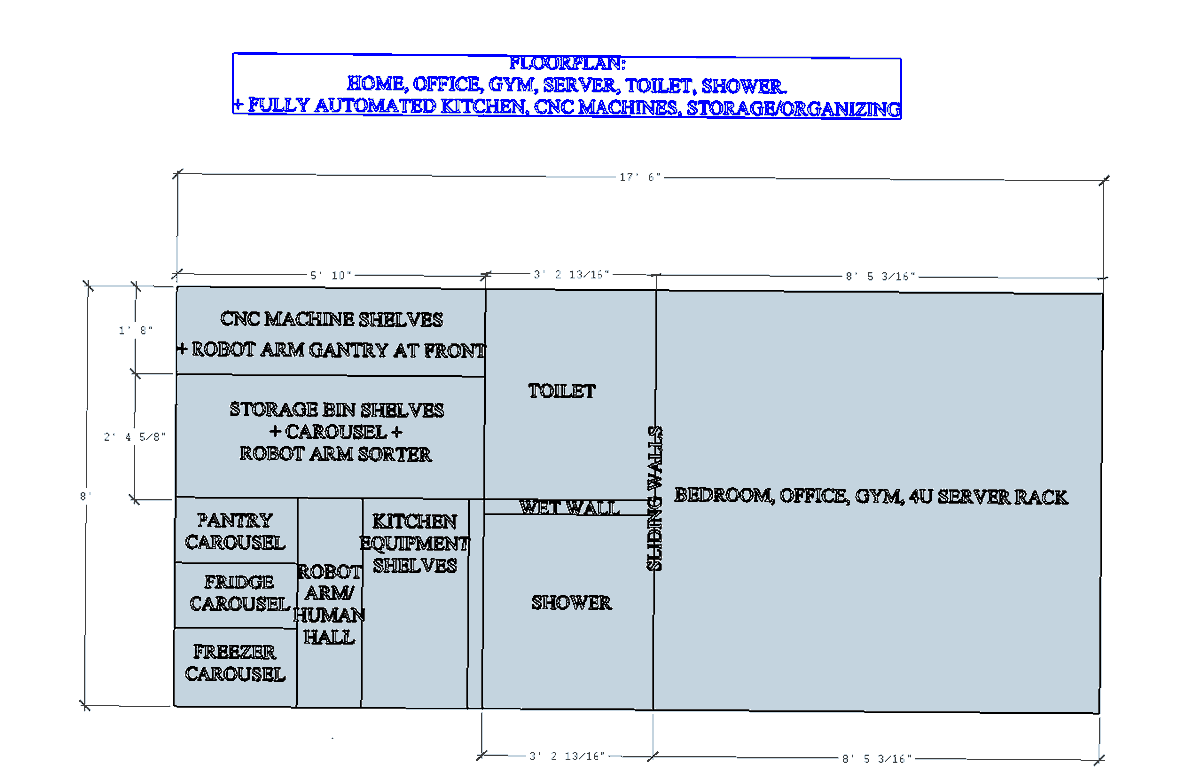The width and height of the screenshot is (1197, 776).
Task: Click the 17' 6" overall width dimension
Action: (640, 177)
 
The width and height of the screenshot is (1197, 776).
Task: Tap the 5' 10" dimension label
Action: (331, 275)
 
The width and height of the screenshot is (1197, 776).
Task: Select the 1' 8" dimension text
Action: (136, 331)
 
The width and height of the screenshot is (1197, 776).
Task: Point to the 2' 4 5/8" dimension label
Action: (135, 437)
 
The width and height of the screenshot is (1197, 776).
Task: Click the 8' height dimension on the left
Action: (85, 496)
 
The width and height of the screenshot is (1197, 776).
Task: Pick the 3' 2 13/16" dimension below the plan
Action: (567, 756)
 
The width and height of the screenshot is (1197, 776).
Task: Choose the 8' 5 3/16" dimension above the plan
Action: (880, 277)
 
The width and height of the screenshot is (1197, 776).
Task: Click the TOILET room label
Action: (561, 391)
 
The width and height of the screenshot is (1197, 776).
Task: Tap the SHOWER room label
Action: (572, 603)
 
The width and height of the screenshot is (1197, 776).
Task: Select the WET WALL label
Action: (570, 507)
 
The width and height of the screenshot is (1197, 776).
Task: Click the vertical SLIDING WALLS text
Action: (655, 498)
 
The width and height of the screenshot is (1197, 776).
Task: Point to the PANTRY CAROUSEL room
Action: (235, 531)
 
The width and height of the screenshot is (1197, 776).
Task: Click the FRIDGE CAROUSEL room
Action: (238, 593)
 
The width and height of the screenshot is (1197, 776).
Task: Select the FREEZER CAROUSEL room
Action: (235, 663)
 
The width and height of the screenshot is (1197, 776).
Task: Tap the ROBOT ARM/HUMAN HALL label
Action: (329, 604)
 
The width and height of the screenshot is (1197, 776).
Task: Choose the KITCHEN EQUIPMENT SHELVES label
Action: (415, 543)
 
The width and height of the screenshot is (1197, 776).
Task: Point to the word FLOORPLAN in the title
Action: (567, 63)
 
